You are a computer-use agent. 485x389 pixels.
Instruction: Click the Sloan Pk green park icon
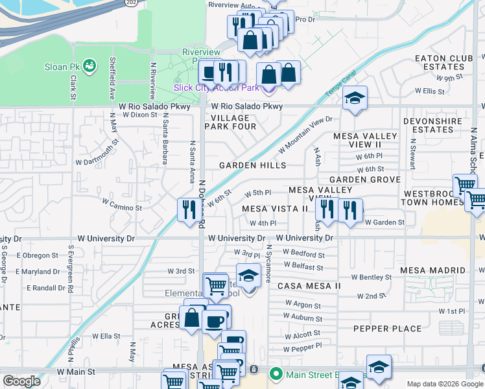coord(88,65)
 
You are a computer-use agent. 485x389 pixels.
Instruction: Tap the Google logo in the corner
coord(21,381)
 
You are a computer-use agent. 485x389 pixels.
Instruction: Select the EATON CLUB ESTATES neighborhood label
coord(444,63)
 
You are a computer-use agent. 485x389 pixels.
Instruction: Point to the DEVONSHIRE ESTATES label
coord(432,125)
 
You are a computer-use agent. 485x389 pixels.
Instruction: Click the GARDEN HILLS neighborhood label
coord(252,165)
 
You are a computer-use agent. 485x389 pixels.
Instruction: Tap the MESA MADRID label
coord(432,270)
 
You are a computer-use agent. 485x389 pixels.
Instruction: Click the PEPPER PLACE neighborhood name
coord(388,329)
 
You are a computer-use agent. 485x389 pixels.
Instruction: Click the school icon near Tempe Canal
coord(355,99)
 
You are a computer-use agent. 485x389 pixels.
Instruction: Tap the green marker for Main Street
coord(276,373)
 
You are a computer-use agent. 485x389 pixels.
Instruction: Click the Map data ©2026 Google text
coord(444,384)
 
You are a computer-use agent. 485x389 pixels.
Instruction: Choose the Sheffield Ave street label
coord(113,73)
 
